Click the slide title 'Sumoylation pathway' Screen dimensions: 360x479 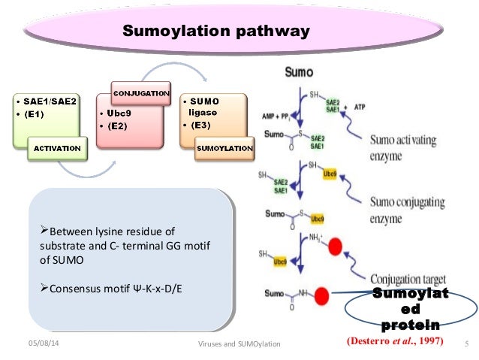(216, 32)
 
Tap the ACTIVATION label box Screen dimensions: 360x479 (56, 148)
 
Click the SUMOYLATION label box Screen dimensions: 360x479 (224, 148)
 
